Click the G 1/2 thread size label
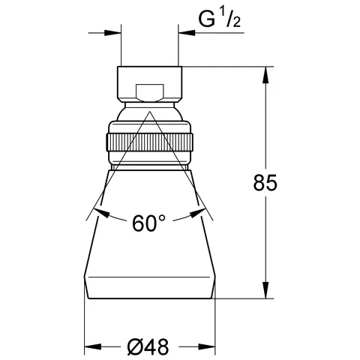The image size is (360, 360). [220, 19]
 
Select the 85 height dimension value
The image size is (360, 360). [265, 182]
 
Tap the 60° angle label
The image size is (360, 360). [149, 223]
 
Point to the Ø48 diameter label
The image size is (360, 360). [148, 346]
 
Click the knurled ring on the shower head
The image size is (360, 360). [149, 142]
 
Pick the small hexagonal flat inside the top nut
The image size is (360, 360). [149, 93]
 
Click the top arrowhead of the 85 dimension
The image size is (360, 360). [265, 75]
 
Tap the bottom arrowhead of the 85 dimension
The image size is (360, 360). [265, 290]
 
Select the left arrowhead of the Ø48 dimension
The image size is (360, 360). [93, 346]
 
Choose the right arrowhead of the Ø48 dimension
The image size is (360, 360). [207, 346]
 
